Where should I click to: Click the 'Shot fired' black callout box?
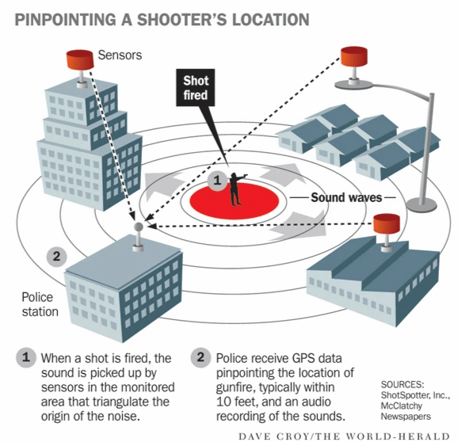tap(196, 88)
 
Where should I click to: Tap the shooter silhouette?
tap(237, 189)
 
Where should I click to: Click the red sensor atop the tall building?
tap(80, 59)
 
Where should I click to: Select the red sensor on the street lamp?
tap(354, 56)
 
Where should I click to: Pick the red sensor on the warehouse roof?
tap(387, 223)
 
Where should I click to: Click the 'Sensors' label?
tap(120, 55)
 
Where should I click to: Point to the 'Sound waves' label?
tap(346, 198)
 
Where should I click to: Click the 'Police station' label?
tap(40, 304)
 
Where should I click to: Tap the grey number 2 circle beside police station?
tap(57, 257)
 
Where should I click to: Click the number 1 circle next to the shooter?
tap(217, 181)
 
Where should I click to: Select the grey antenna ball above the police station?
tap(139, 227)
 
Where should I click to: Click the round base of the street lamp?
tap(422, 204)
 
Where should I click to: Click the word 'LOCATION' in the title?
tap(271, 20)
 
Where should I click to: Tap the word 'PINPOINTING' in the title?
tap(66, 20)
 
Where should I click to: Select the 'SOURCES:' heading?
tap(403, 384)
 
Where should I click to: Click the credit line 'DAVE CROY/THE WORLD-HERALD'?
tap(344, 436)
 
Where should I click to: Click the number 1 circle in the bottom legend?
tap(26, 357)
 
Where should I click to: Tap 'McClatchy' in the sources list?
tap(401, 406)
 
